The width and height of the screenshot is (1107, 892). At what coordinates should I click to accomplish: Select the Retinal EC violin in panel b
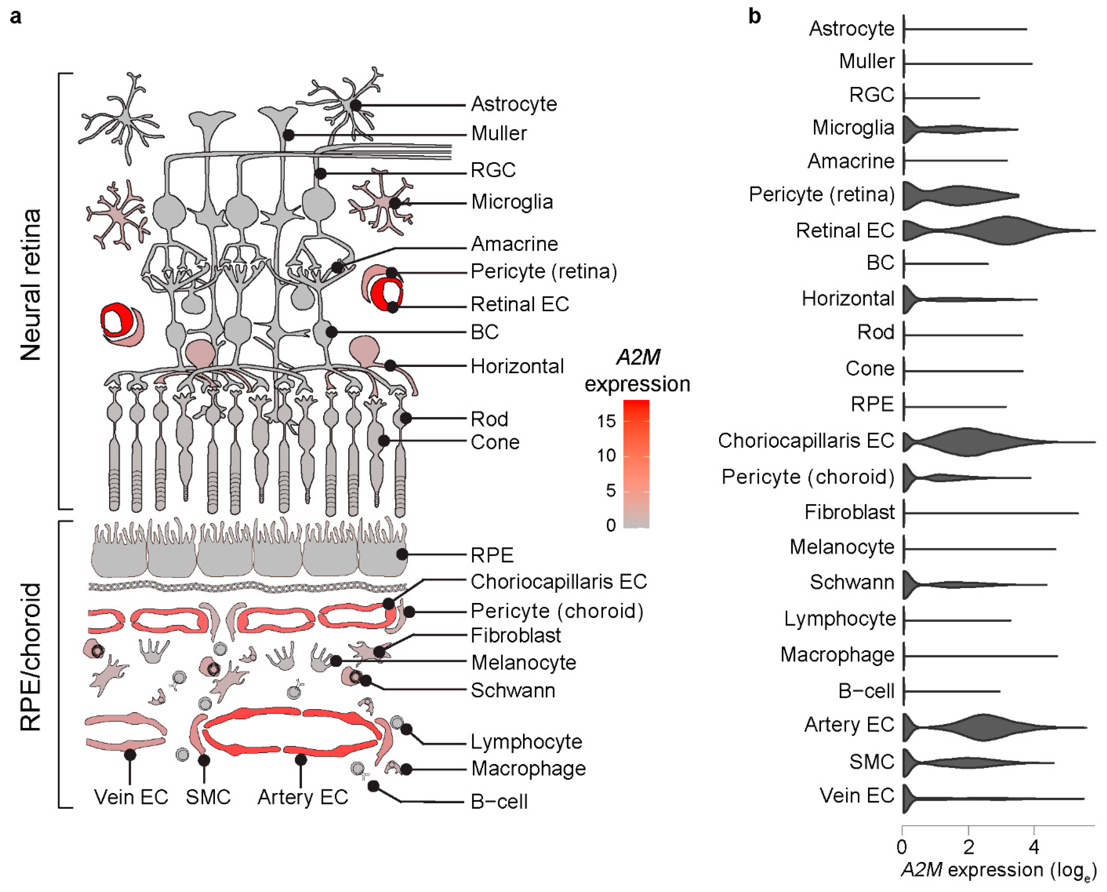pos(1002,230)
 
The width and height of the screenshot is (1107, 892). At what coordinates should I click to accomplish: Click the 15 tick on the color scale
pos(607,421)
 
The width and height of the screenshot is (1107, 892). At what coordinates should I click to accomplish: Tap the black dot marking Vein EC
pos(130,754)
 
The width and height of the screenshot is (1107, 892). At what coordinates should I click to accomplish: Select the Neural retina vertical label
pos(31,285)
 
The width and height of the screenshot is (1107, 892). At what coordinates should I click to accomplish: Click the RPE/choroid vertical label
pos(31,658)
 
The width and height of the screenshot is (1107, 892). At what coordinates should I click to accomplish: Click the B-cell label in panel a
pos(499,802)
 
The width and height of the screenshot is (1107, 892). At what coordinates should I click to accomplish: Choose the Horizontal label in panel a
pos(517,366)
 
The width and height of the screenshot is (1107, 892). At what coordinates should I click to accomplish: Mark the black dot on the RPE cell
pos(402,554)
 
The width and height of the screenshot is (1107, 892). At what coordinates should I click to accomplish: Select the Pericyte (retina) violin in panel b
pos(956,195)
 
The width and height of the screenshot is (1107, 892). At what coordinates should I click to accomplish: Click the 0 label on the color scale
pos(611,525)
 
